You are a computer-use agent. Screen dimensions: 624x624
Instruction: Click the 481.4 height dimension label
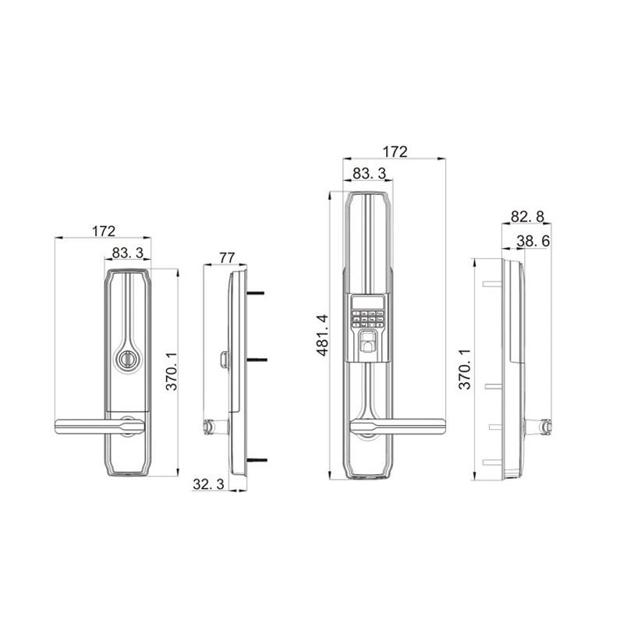pyautogui.click(x=322, y=335)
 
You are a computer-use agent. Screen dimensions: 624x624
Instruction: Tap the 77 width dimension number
pyautogui.click(x=227, y=257)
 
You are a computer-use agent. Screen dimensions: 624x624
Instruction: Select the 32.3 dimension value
pyautogui.click(x=208, y=484)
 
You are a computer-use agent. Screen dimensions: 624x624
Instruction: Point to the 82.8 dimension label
pyautogui.click(x=527, y=217)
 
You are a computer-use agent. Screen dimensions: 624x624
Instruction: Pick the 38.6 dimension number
pyautogui.click(x=534, y=241)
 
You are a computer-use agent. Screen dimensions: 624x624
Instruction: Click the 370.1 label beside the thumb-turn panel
pyautogui.click(x=172, y=372)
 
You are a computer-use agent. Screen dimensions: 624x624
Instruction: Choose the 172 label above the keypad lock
pyautogui.click(x=395, y=151)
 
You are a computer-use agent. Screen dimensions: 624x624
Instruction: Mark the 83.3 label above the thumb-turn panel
pyautogui.click(x=127, y=253)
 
